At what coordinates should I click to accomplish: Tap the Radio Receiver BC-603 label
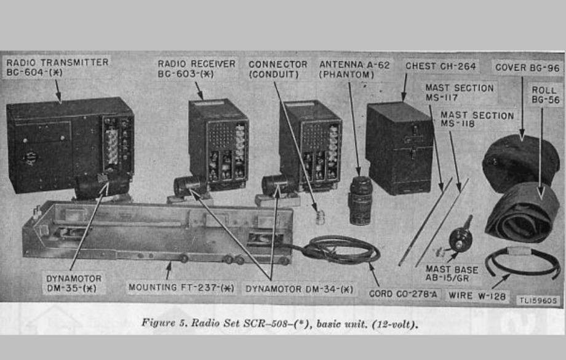196,68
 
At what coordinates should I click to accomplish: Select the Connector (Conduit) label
277,69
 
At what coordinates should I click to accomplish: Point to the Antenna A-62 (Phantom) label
355,69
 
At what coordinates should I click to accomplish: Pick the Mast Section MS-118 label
477,119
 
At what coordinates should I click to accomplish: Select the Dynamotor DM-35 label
74,283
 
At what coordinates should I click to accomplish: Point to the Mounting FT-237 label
181,287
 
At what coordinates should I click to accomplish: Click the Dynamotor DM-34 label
300,288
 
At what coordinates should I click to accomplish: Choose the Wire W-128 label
477,296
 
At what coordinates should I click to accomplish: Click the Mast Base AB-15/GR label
452,274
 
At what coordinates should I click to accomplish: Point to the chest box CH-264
399,148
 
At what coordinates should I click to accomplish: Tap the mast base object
460,236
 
